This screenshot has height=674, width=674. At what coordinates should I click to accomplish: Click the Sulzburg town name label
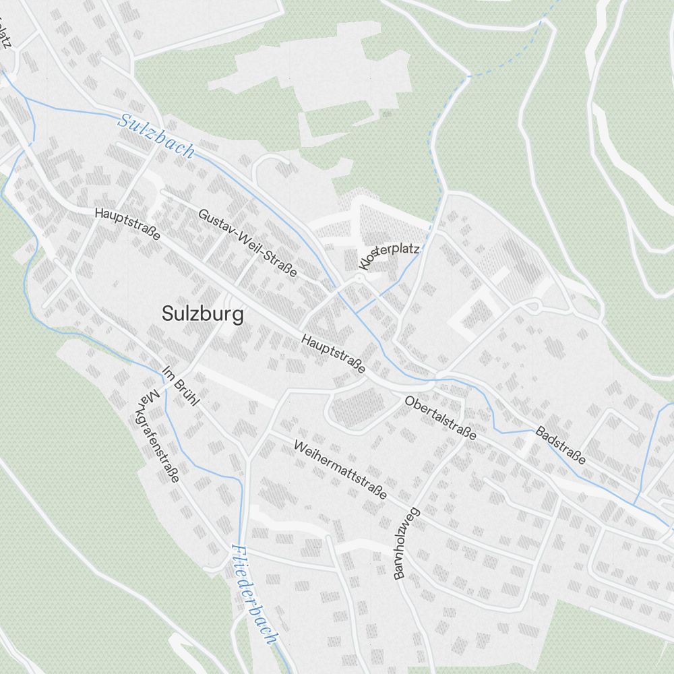(203, 314)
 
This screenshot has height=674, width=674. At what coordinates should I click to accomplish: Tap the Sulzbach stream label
(156, 137)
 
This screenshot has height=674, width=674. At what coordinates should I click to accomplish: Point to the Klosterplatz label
(390, 254)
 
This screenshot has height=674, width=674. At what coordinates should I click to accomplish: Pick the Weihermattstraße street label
(340, 469)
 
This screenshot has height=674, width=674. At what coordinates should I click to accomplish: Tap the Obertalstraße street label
(441, 418)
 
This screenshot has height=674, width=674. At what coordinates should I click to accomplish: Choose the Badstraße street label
(561, 445)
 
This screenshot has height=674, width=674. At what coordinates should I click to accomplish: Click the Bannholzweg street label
(406, 543)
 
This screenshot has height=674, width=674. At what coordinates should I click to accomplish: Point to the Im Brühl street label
(181, 386)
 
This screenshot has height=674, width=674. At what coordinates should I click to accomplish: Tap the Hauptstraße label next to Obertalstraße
(334, 353)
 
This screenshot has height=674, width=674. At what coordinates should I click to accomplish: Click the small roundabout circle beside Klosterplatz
(359, 277)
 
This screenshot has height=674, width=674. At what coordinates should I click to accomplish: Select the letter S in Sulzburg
(168, 314)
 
